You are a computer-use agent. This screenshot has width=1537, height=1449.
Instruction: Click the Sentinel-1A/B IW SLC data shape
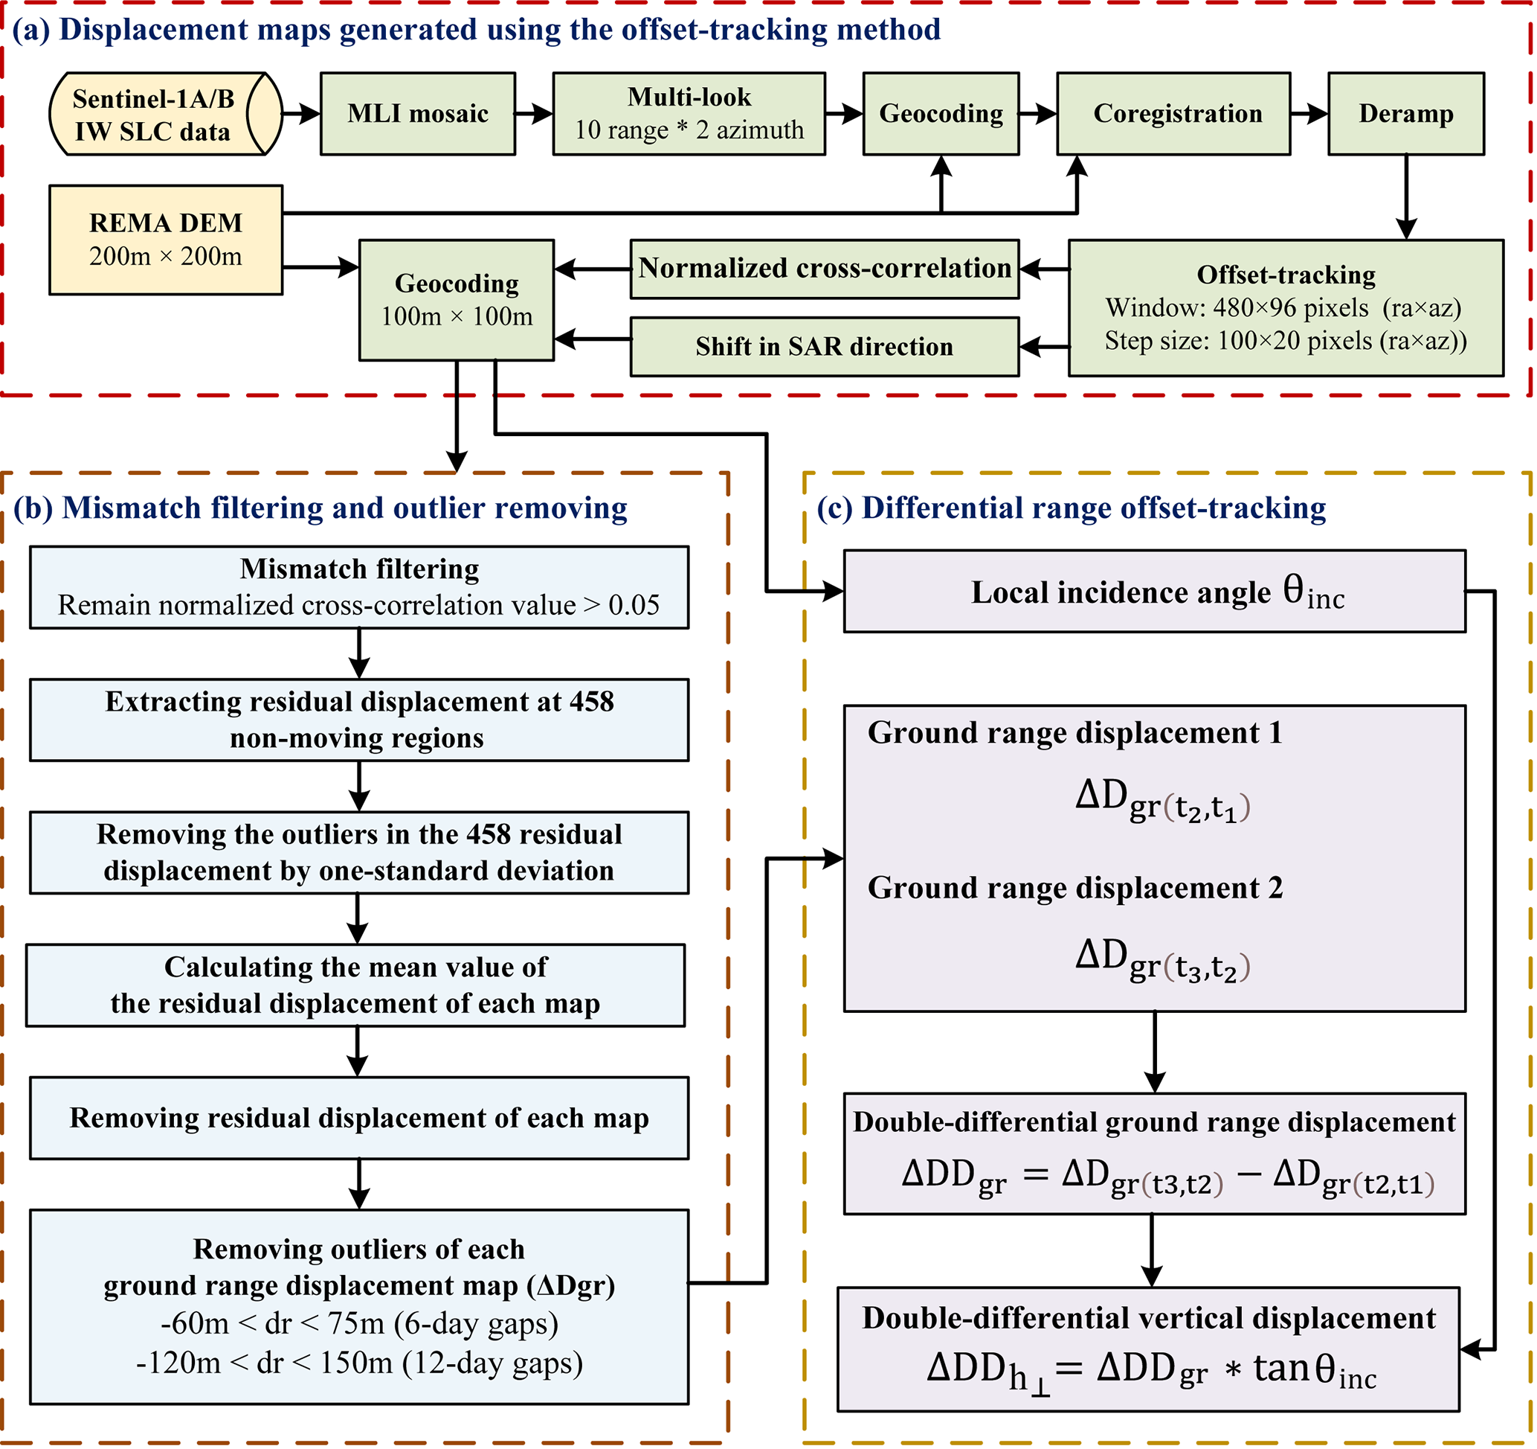click(x=166, y=115)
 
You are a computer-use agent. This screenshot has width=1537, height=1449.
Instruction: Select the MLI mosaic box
click(x=417, y=115)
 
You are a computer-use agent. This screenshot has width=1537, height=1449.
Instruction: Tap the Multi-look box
click(x=689, y=115)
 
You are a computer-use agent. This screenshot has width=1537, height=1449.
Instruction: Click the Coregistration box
click(x=1173, y=115)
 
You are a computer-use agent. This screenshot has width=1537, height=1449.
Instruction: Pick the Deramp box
click(x=1405, y=115)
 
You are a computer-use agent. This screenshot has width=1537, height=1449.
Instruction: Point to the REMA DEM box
click(x=166, y=240)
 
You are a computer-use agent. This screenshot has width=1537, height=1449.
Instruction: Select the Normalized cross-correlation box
click(x=824, y=269)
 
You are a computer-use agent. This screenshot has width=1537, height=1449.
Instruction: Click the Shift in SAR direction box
click(x=824, y=347)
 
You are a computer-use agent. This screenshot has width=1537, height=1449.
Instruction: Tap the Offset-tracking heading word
click(x=1286, y=275)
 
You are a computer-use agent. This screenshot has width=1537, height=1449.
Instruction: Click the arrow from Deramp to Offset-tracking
click(x=1405, y=197)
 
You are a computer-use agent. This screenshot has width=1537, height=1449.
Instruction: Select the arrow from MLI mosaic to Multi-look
click(x=533, y=115)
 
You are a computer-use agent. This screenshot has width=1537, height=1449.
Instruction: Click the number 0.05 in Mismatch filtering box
click(x=634, y=605)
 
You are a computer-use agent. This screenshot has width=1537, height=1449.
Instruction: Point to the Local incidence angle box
click(x=1154, y=592)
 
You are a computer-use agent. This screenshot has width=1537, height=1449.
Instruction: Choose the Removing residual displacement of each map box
click(x=358, y=1118)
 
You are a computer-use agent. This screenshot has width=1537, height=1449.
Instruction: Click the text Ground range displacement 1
click(x=1074, y=732)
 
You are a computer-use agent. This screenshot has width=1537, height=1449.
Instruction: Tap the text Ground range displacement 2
click(x=1074, y=887)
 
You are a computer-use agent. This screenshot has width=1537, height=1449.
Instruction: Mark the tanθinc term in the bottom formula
click(x=1315, y=1369)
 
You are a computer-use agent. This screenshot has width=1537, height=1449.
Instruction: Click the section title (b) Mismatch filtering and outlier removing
click(x=320, y=508)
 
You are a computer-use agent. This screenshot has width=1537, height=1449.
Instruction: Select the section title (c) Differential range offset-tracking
click(x=1071, y=508)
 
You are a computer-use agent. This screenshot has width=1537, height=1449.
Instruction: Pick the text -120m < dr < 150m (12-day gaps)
click(x=358, y=1363)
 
